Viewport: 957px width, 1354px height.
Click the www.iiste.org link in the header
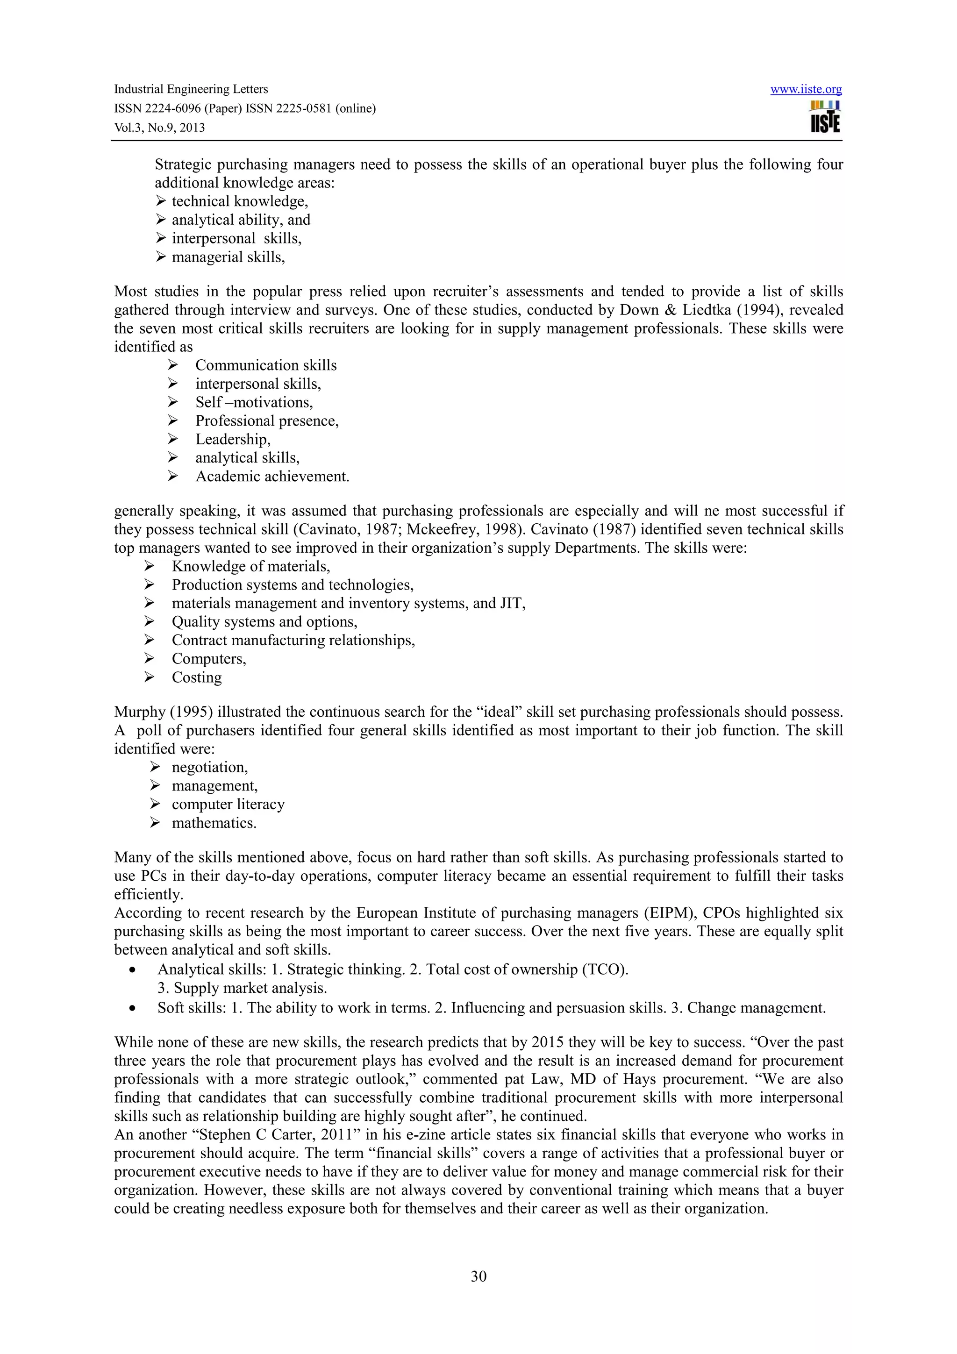pyautogui.click(x=806, y=89)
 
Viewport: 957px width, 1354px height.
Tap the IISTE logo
pyautogui.click(x=825, y=116)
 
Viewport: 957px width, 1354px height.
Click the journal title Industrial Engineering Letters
pyautogui.click(x=191, y=89)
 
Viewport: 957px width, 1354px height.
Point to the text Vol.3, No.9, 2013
pyautogui.click(x=159, y=128)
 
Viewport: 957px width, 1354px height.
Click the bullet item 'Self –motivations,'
pyautogui.click(x=254, y=402)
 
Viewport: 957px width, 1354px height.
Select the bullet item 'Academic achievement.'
pyautogui.click(x=272, y=477)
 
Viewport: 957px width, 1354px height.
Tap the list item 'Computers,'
pyautogui.click(x=209, y=659)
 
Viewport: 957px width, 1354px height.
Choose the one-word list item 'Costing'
pyautogui.click(x=196, y=677)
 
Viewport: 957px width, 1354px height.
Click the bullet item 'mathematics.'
pyautogui.click(x=214, y=823)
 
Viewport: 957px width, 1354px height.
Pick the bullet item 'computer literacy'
pyautogui.click(x=228, y=805)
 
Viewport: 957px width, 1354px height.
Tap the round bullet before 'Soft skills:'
pyautogui.click(x=135, y=1008)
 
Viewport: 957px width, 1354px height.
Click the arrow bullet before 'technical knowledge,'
pyautogui.click(x=160, y=202)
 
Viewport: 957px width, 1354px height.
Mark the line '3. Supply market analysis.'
pyautogui.click(x=242, y=988)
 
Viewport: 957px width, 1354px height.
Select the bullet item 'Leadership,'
pyautogui.click(x=233, y=439)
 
